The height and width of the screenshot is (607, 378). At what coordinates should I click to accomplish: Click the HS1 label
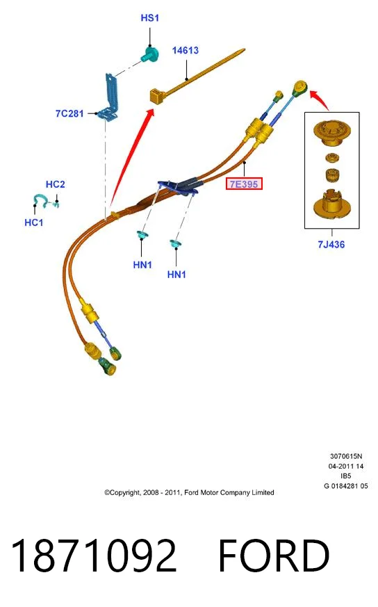149,18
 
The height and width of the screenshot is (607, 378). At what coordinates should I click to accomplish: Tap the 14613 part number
186,50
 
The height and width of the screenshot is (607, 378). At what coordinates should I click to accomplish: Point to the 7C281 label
69,113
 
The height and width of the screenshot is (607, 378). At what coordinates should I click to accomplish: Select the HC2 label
56,184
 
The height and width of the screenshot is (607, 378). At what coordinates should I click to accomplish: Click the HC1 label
33,222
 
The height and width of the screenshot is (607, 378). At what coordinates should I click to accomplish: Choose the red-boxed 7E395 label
244,184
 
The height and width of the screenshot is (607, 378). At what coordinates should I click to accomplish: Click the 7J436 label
331,244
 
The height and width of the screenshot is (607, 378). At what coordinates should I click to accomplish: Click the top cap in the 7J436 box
331,133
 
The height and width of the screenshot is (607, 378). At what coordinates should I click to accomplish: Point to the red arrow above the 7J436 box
320,100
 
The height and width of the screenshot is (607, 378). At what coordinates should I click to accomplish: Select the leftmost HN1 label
142,265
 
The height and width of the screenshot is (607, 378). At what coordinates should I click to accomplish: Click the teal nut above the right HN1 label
176,244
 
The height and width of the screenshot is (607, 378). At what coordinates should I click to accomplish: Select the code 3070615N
346,456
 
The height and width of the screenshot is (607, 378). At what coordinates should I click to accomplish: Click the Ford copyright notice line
189,493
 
